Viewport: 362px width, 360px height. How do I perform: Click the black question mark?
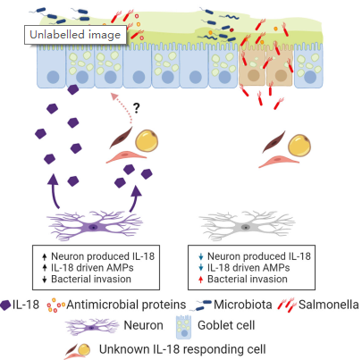136,108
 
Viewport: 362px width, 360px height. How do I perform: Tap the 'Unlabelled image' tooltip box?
75,35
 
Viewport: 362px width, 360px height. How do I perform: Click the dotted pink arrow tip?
114,96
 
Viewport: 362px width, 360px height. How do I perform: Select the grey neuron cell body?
246,227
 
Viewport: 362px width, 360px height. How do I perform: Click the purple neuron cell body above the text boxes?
93,227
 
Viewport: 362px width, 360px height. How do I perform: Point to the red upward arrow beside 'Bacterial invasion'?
200,280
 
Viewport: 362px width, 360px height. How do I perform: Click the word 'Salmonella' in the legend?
329,305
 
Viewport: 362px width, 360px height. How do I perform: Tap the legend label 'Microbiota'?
243,305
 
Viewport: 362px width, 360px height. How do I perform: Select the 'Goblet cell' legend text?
226,325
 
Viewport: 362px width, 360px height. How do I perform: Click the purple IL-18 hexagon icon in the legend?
5,306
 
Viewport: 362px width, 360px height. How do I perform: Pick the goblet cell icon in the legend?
183,327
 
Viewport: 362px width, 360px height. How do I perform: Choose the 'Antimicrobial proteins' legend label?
126,305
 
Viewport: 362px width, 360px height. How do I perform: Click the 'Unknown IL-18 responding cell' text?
182,349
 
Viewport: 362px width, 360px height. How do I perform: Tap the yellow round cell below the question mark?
147,141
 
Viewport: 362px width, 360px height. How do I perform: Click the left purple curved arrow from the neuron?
54,191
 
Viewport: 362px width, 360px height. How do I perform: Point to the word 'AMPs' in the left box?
121,268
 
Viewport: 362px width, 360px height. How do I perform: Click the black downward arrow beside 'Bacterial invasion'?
45,280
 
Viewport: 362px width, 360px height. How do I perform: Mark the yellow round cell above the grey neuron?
299,146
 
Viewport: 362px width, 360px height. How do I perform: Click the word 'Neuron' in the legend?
143,325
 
